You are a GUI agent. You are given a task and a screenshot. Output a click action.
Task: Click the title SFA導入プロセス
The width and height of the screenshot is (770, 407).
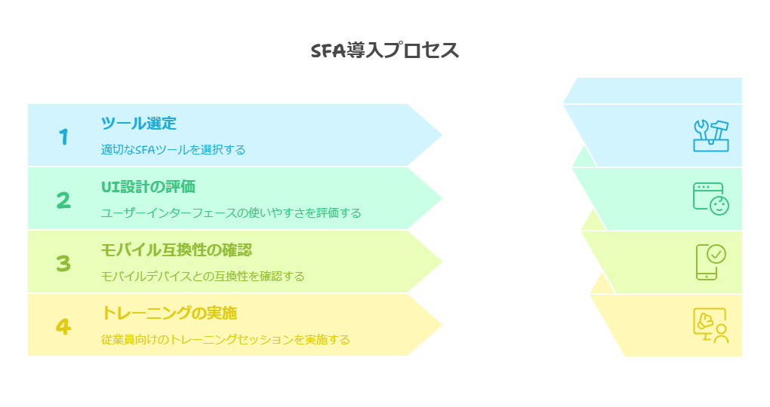(x=385, y=50)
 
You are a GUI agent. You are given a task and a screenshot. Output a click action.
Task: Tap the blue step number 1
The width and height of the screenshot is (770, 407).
(x=64, y=137)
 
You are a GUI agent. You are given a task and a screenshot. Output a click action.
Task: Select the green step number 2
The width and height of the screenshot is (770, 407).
(x=63, y=200)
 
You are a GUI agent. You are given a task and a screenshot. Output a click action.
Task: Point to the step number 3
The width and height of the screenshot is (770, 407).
(x=63, y=263)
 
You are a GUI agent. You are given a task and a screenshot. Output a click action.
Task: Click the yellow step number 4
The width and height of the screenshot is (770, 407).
(x=63, y=326)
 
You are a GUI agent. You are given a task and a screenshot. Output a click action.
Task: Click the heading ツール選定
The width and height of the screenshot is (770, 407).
(x=138, y=123)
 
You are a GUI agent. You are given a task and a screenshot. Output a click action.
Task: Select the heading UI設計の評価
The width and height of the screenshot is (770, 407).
(x=148, y=186)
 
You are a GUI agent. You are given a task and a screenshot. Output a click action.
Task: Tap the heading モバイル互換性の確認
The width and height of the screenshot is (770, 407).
(x=177, y=249)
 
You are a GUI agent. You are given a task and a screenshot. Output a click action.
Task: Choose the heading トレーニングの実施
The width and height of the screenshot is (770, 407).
(x=169, y=313)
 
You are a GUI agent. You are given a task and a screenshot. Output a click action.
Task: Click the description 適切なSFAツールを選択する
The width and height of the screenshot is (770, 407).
(x=174, y=149)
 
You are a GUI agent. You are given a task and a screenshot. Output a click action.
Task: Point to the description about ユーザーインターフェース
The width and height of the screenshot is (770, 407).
(x=231, y=213)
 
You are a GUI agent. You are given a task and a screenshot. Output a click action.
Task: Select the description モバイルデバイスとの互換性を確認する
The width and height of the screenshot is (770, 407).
(x=203, y=276)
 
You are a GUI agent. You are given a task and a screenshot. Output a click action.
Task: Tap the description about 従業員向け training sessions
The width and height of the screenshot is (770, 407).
(x=226, y=339)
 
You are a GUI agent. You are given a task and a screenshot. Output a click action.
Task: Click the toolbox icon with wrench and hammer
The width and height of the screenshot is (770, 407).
(x=711, y=136)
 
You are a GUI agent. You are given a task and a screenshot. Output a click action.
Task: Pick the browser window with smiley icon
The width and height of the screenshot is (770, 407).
(x=711, y=198)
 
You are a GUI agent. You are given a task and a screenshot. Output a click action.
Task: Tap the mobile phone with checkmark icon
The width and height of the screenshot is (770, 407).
(x=710, y=262)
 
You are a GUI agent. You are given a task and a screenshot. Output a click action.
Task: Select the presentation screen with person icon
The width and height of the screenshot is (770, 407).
(x=711, y=325)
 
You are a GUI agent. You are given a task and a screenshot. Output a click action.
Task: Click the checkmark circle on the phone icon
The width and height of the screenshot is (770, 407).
(x=716, y=254)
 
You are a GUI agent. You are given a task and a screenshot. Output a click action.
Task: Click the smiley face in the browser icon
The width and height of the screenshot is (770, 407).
(x=719, y=206)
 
